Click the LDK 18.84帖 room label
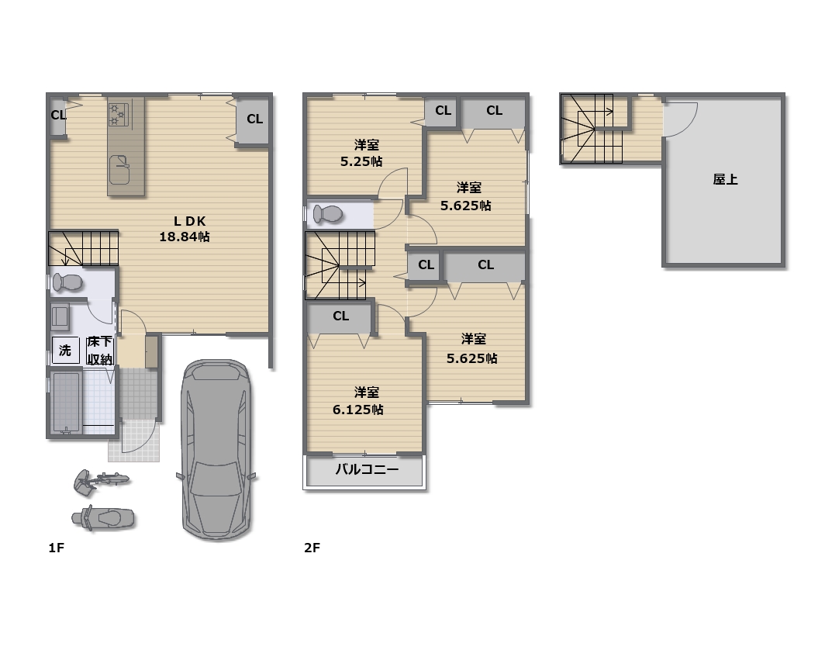[x=185, y=229]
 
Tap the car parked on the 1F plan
[x=216, y=450]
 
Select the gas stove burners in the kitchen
[x=118, y=115]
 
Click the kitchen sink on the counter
[x=119, y=169]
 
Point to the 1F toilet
[x=67, y=282]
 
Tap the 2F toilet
[x=328, y=214]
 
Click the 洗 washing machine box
[x=66, y=350]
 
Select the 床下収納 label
[x=99, y=351]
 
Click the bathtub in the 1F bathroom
[x=66, y=403]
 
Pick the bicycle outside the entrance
[x=101, y=482]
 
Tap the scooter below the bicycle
[x=103, y=518]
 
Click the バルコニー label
[x=367, y=469]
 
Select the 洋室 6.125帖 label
[x=359, y=400]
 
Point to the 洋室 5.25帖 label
[x=361, y=153]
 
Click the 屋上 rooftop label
[x=725, y=179]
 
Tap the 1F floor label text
[x=57, y=548]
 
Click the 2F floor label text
[x=312, y=548]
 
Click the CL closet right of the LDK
[x=253, y=119]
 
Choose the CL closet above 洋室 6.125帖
[x=340, y=316]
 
